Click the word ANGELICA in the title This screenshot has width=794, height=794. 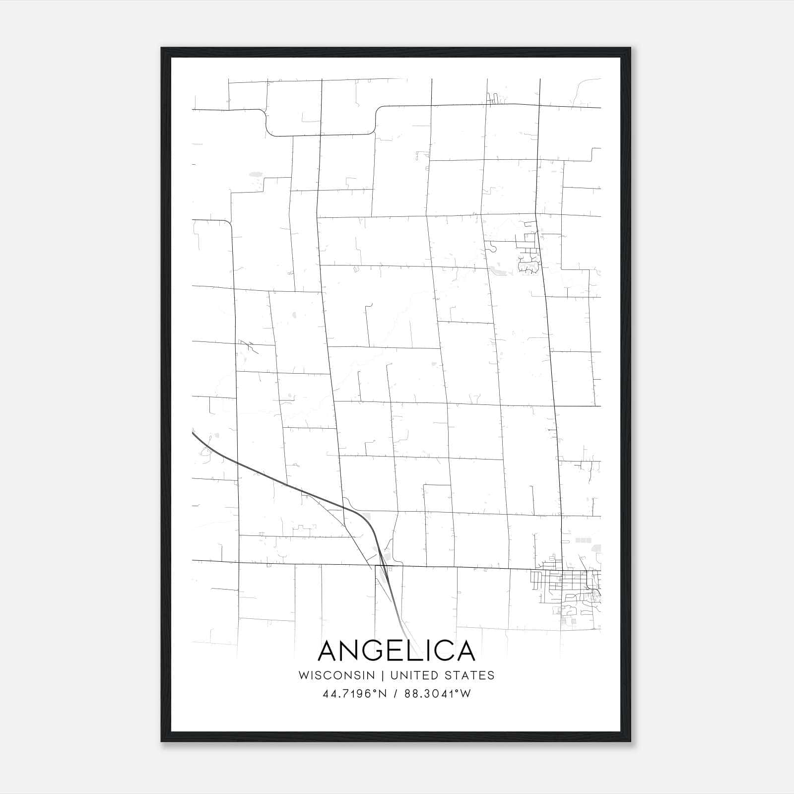(396, 651)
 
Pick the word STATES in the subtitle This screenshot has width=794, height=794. (472, 675)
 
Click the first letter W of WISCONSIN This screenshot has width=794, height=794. (303, 675)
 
